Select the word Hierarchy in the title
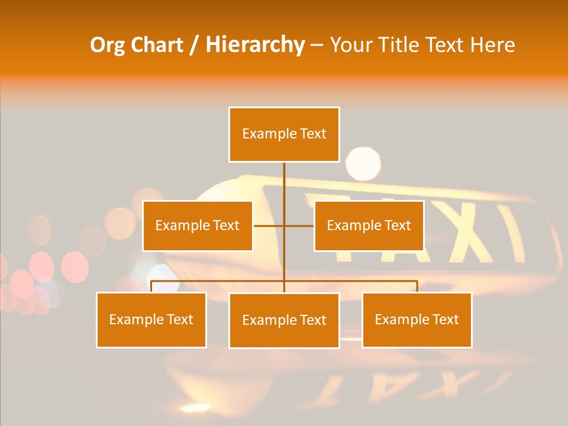click(254, 45)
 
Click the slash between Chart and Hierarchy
click(195, 46)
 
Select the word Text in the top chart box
click(312, 134)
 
